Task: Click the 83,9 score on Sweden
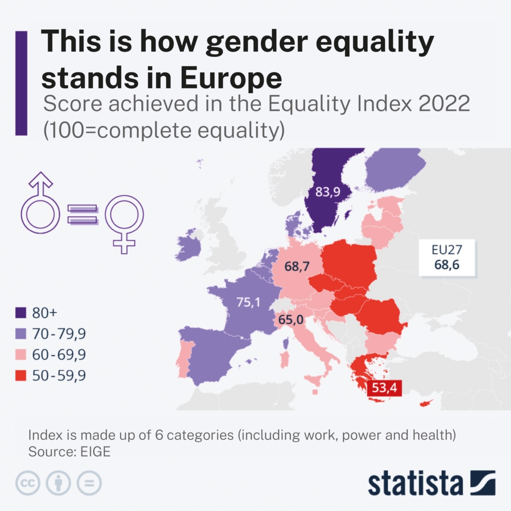327,192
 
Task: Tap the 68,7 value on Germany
297,266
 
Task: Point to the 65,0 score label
291,320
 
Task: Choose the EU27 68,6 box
447,257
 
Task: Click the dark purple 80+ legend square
21,313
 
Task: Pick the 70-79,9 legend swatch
21,334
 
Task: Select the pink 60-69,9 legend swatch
21,355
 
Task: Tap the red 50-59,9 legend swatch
21,376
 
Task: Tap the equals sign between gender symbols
83,214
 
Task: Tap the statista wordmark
415,483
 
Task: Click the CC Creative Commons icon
28,483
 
